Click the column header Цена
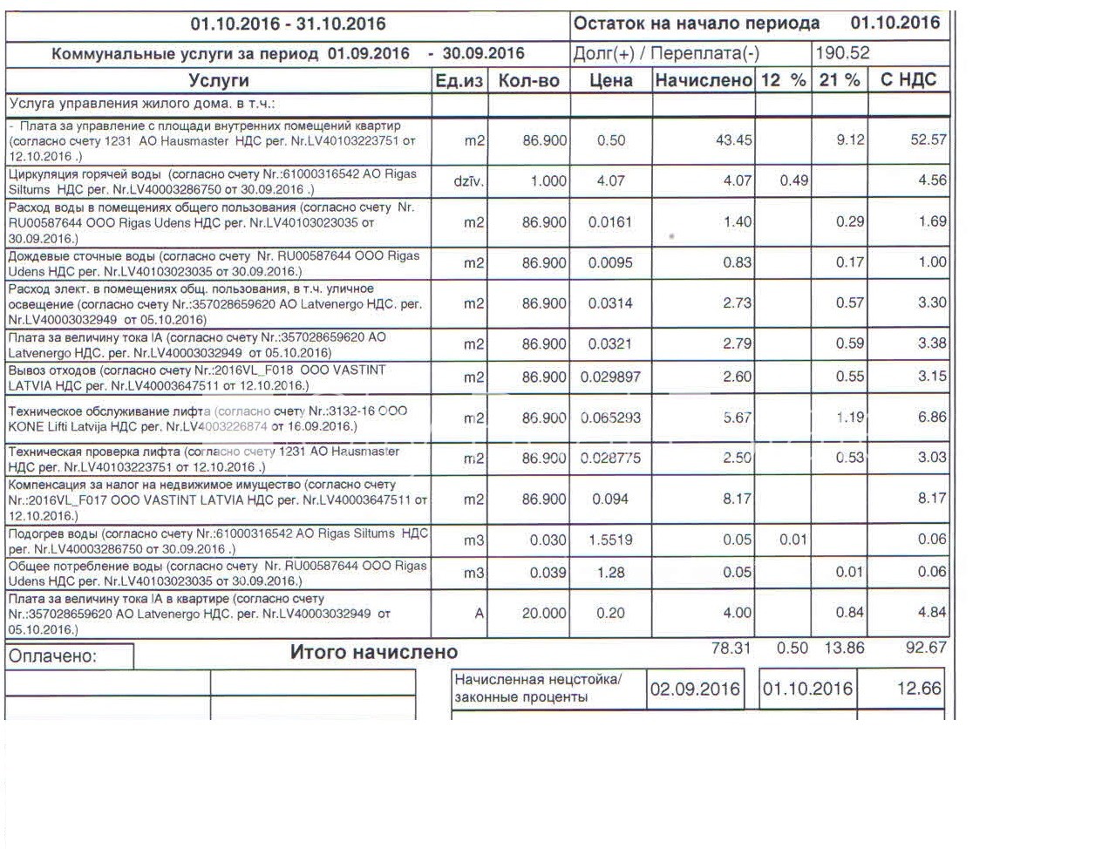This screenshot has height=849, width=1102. click(x=610, y=80)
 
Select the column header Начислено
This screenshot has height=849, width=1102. click(x=703, y=80)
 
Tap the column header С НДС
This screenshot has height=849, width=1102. click(x=908, y=80)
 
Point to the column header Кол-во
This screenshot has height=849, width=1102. click(x=528, y=80)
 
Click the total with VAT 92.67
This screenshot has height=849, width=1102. click(x=926, y=648)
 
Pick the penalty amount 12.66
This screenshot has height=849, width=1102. click(x=919, y=689)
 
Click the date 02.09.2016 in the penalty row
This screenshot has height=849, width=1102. click(x=695, y=689)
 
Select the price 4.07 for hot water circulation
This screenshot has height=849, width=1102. click(x=610, y=181)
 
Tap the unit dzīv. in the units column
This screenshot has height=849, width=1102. click(x=469, y=181)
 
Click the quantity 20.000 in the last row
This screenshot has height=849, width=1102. click(x=544, y=614)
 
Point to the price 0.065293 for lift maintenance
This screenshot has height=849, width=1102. click(x=610, y=418)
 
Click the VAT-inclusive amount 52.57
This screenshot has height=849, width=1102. click(x=928, y=139)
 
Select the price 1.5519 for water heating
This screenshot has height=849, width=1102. click(x=610, y=540)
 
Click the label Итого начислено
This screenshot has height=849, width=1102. click(x=373, y=652)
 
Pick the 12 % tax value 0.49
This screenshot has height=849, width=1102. click(x=793, y=180)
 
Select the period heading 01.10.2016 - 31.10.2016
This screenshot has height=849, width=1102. click(x=288, y=24)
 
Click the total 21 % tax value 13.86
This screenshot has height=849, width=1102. click(x=844, y=648)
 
